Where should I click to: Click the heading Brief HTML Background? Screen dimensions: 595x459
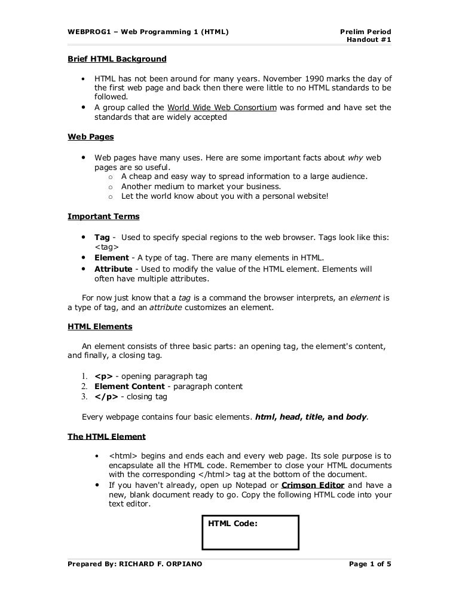tap(117, 59)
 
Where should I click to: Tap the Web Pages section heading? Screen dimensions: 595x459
tap(91, 136)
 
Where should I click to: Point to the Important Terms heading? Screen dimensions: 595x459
tap(103, 216)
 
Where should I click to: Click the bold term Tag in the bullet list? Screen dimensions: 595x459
tap(102, 237)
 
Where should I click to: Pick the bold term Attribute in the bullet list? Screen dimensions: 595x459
tap(113, 269)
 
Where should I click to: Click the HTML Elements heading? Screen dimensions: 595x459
tap(100, 326)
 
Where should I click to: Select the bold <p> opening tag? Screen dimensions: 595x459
tap(103, 376)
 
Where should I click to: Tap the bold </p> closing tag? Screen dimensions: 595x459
tap(105, 396)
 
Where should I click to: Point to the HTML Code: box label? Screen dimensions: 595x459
tap(232, 524)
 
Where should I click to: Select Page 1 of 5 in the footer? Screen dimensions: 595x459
tap(369, 564)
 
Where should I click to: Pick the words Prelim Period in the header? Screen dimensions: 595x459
tap(365, 31)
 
